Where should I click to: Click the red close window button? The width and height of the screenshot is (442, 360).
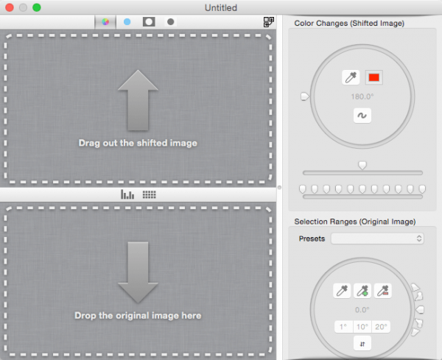[x=10, y=7]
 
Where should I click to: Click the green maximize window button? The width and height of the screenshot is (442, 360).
[x=37, y=7]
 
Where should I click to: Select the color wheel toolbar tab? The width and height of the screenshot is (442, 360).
[x=105, y=22]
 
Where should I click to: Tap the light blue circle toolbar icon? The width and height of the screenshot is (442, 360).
[x=127, y=21]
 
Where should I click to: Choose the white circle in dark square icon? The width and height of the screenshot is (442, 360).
[x=149, y=21]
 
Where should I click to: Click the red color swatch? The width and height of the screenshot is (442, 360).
[x=374, y=77]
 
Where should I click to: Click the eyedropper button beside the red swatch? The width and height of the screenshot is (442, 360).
[x=351, y=77]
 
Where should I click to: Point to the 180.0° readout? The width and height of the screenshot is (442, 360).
[x=362, y=96]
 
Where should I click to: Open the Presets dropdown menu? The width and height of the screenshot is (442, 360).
[x=377, y=239]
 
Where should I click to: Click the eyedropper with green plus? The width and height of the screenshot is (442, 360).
[x=362, y=291]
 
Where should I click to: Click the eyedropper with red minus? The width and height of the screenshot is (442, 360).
[x=383, y=291]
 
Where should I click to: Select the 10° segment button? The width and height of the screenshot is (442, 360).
[x=362, y=327]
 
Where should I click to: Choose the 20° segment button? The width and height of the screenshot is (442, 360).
[x=381, y=327]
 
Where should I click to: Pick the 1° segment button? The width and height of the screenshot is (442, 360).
[x=343, y=327]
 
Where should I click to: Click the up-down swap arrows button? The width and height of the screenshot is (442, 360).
[x=362, y=344]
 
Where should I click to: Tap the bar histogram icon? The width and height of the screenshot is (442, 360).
[x=127, y=194]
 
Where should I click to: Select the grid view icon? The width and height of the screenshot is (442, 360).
[x=149, y=194]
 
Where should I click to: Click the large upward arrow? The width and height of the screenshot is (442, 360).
[x=138, y=100]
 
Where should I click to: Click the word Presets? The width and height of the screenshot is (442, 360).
[x=312, y=239]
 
